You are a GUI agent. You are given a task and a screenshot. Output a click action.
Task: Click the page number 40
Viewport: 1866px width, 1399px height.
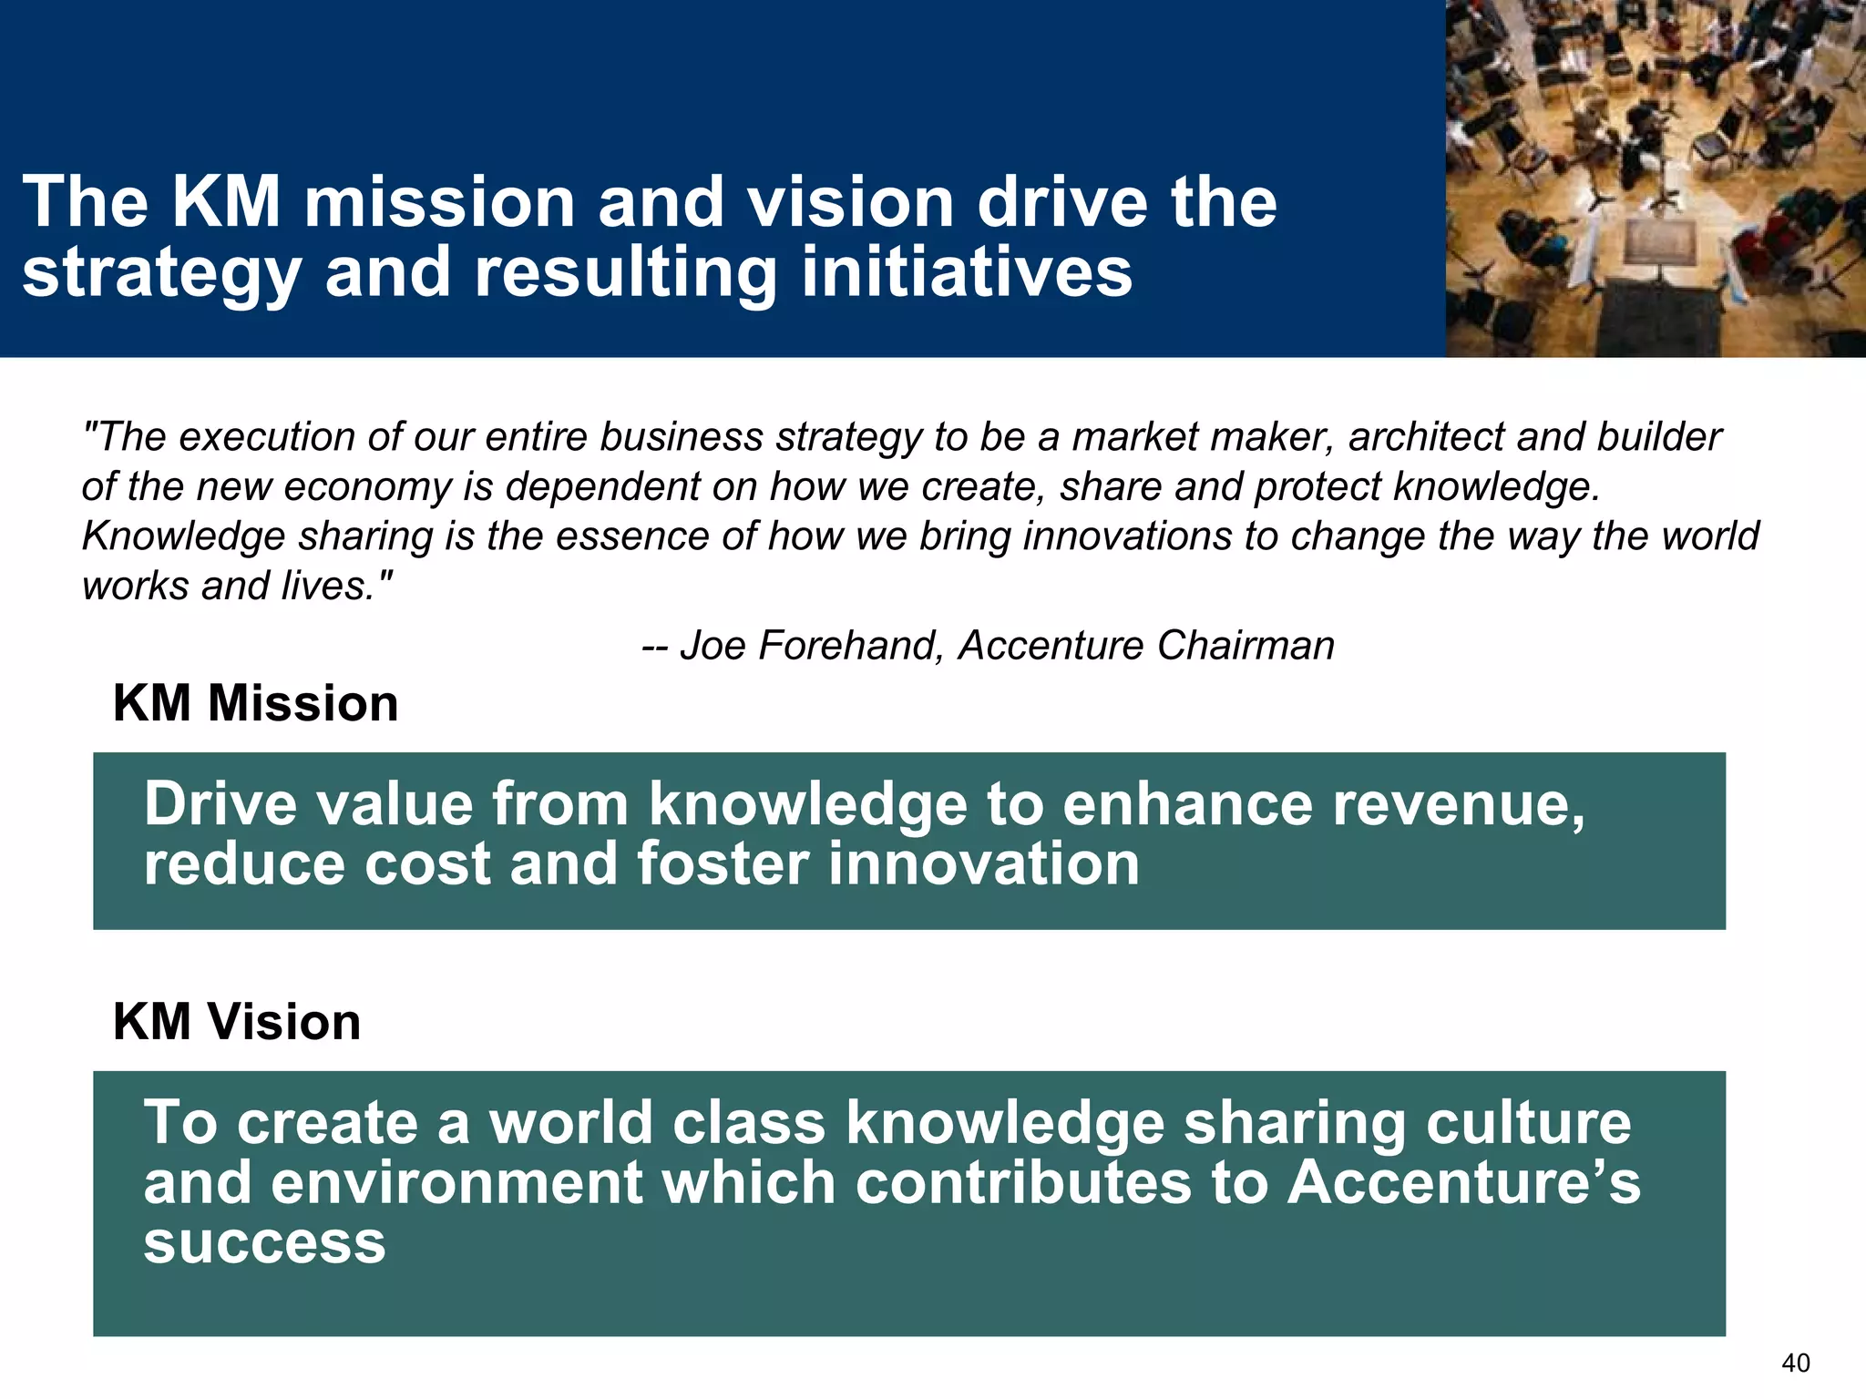(x=1796, y=1363)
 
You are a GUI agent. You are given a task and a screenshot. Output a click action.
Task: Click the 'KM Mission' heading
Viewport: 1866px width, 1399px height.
(x=256, y=704)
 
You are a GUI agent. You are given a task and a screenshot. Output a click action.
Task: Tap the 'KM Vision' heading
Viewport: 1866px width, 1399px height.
(x=237, y=1022)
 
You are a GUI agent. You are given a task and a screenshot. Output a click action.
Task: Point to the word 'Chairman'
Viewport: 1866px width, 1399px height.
(x=1246, y=646)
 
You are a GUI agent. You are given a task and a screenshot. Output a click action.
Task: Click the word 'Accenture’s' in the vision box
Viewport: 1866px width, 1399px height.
(x=1463, y=1182)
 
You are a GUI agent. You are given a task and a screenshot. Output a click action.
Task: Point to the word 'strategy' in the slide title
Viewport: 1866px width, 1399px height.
(x=162, y=273)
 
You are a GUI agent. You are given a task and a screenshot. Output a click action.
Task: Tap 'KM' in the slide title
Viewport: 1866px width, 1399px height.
(x=226, y=202)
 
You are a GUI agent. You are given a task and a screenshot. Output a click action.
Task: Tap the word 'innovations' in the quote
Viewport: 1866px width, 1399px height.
(x=1128, y=536)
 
